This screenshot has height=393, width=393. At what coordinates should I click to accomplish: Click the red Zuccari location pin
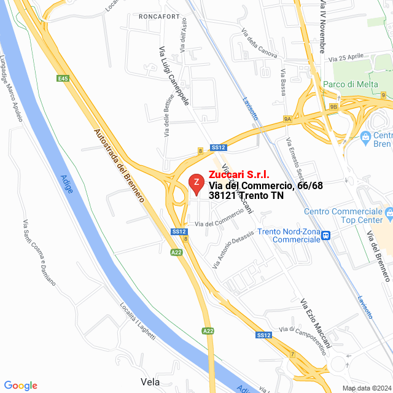[196, 183]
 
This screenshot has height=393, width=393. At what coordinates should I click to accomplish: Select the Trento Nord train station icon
[327, 235]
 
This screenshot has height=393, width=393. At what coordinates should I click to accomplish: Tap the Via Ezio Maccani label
[316, 322]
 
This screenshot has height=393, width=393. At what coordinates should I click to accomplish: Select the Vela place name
[150, 381]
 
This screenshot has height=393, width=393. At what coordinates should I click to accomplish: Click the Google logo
[20, 385]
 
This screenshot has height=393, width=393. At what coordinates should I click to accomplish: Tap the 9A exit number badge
[287, 119]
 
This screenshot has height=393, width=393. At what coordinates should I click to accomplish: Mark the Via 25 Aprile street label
[347, 59]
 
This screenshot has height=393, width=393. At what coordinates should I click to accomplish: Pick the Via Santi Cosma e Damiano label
[39, 252]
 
